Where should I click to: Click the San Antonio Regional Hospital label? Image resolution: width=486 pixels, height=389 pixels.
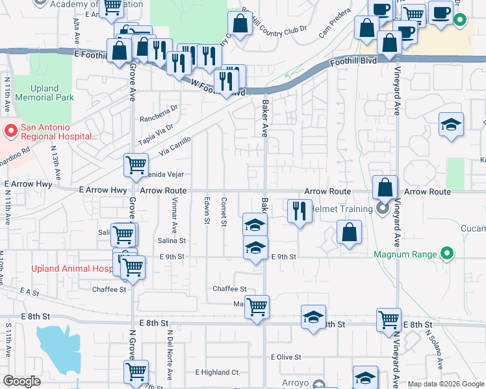coord(58,132)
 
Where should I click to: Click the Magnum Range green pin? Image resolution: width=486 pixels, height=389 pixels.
coord(446,254)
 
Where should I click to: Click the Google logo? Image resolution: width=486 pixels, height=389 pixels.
coord(22,382)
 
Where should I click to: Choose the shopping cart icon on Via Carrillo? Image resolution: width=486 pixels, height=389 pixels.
coord(136,165)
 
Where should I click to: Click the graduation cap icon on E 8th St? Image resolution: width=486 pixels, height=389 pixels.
coord(313,317)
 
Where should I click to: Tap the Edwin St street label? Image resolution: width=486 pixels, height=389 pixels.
coord(207,211)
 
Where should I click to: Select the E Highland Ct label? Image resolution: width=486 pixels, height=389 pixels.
coord(217,373)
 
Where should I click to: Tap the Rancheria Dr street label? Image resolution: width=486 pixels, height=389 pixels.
coord(159,118)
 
